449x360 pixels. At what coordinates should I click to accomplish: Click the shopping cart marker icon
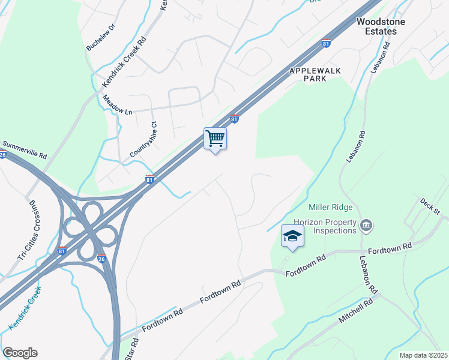click(x=215, y=139)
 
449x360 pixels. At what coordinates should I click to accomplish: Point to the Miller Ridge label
click(x=330, y=208)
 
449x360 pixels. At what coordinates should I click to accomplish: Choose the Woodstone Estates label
click(x=381, y=26)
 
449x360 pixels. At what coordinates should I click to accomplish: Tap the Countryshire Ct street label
click(x=143, y=140)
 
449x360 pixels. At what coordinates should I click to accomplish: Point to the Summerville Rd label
click(x=25, y=149)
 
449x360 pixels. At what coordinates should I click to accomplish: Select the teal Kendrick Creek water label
click(x=25, y=308)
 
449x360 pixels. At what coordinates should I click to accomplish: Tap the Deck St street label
click(x=430, y=206)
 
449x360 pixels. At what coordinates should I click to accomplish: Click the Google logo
click(x=20, y=353)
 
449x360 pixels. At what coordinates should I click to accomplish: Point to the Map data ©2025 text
click(x=423, y=355)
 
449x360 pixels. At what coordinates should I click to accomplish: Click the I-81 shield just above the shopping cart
click(x=235, y=119)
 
